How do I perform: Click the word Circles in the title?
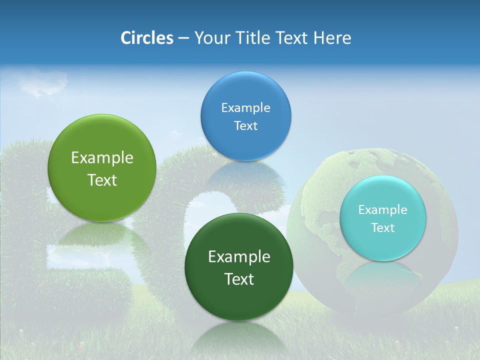(x=146, y=38)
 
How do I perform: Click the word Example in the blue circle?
(x=245, y=107)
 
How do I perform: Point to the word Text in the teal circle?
(x=383, y=228)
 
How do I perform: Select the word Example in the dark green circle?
(x=239, y=257)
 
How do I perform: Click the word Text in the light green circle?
(x=102, y=180)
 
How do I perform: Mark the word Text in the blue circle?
(x=245, y=126)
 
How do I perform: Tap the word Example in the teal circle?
(x=382, y=210)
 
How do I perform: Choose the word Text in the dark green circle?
(x=239, y=279)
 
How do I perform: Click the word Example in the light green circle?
(x=102, y=158)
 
